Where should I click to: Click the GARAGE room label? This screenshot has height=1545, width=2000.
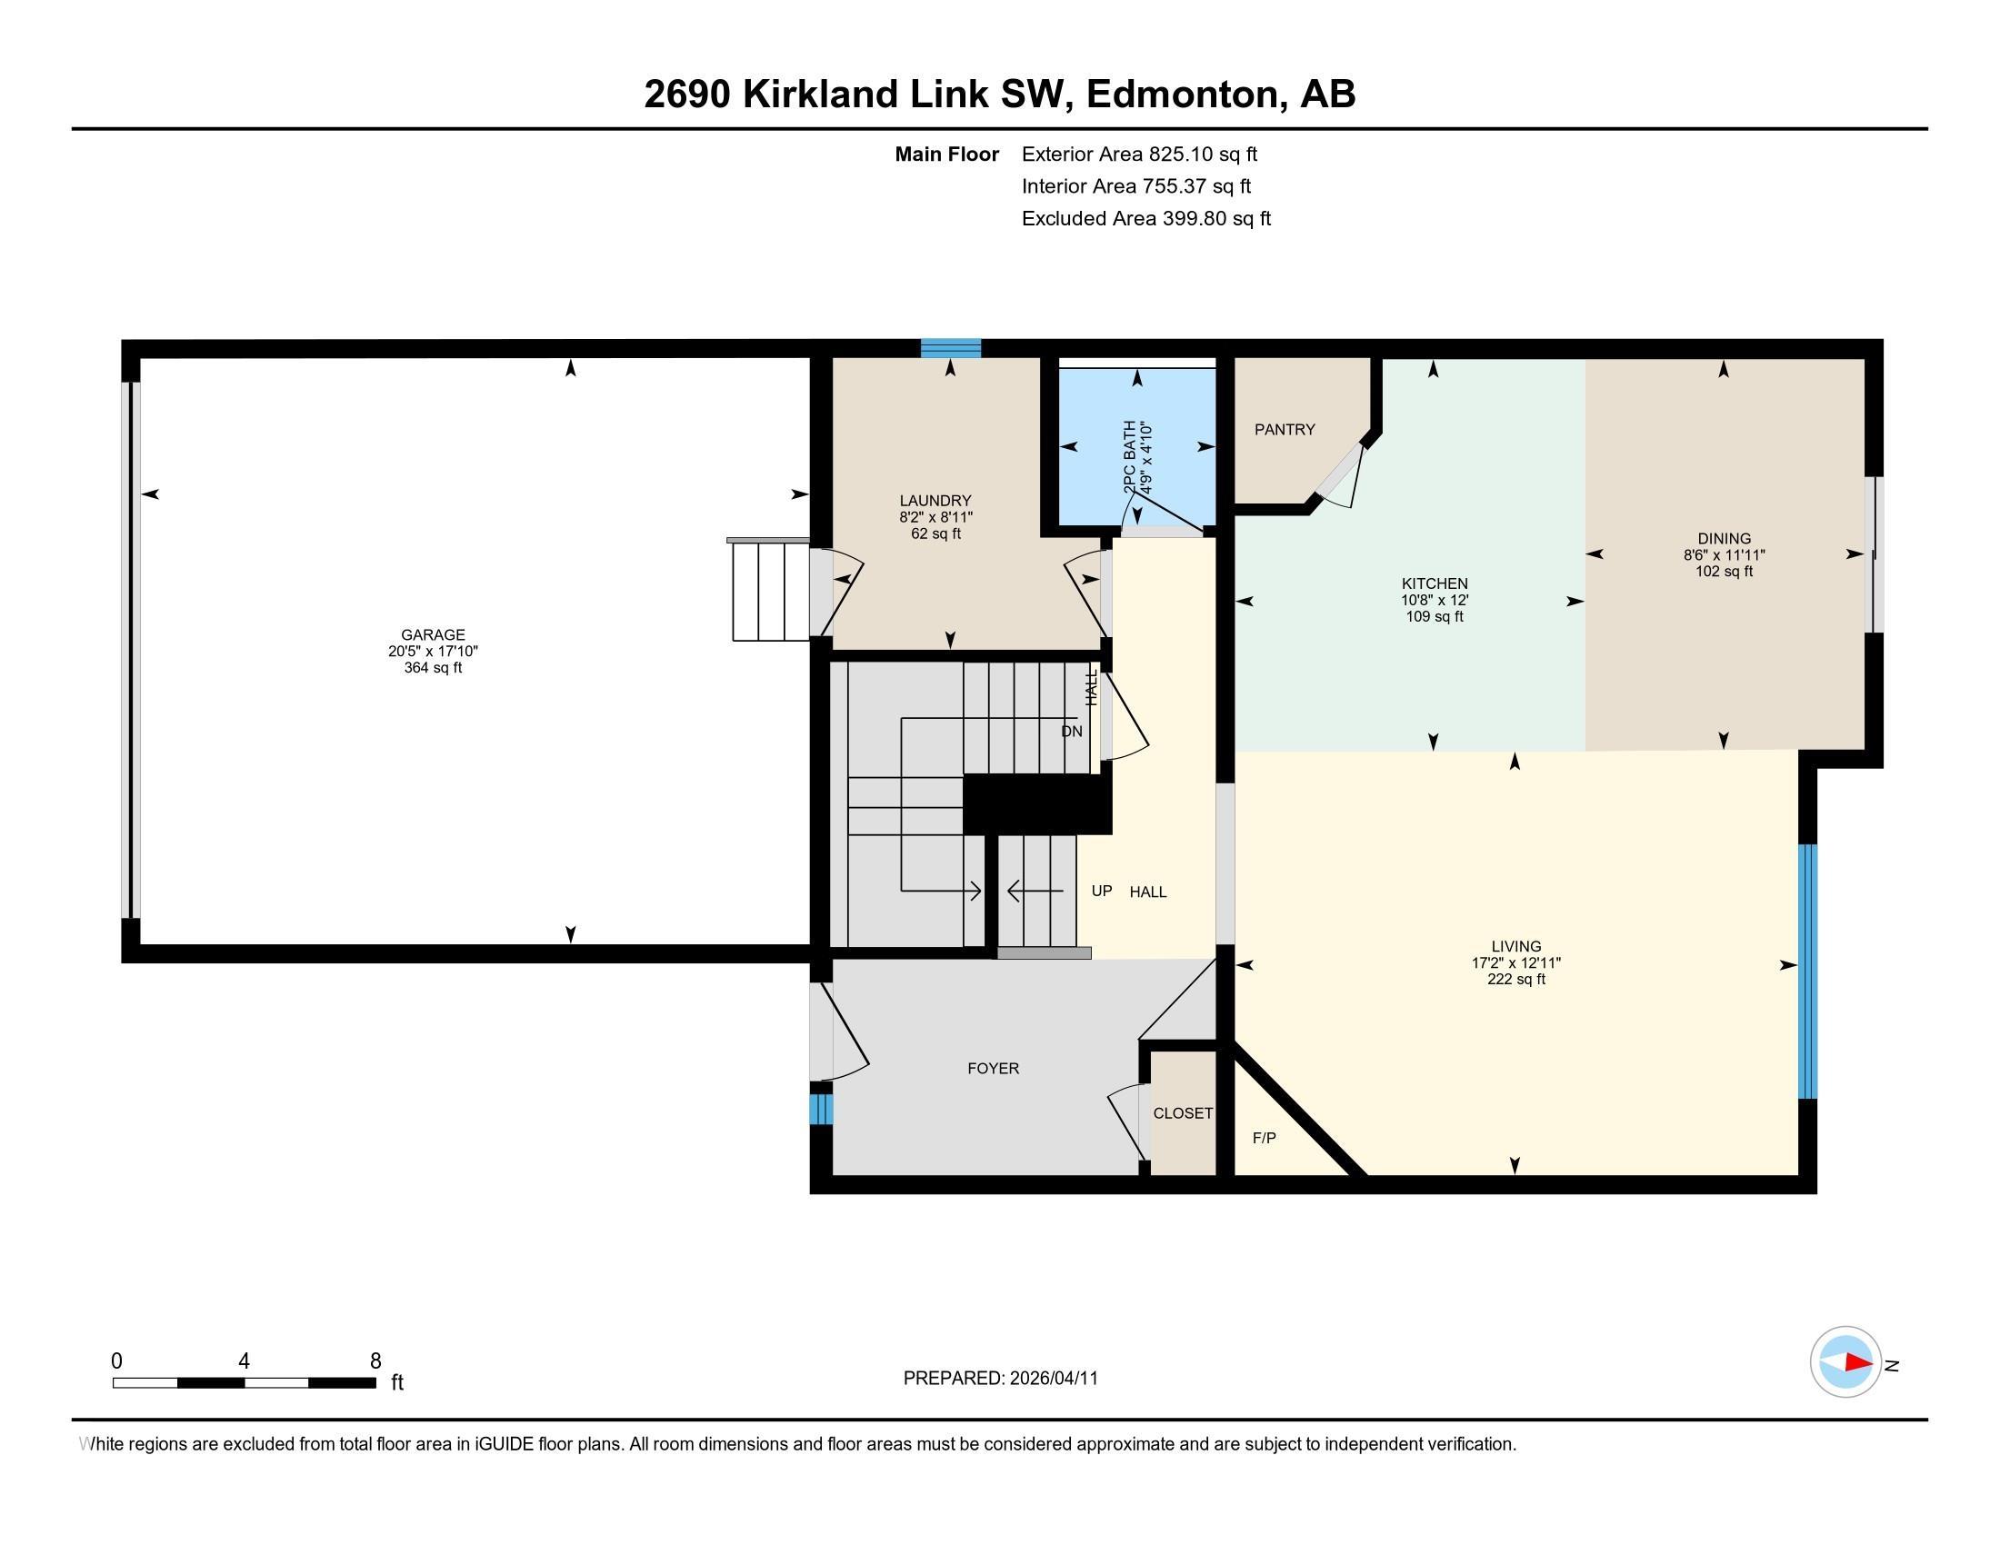(433, 634)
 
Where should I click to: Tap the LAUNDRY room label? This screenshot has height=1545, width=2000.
(935, 501)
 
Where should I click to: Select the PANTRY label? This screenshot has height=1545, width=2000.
(1285, 429)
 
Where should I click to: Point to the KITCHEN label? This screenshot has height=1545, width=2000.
(1435, 584)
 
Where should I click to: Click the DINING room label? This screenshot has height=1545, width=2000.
(1725, 539)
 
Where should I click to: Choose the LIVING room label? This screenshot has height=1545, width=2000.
(1516, 946)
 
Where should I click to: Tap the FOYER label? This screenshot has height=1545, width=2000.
(994, 1068)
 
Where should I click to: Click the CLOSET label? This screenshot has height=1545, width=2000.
(1183, 1113)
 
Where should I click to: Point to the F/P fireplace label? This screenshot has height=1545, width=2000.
(1265, 1138)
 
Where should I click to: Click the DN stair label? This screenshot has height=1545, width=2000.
(1072, 732)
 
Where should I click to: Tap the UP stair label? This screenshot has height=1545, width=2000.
(1102, 891)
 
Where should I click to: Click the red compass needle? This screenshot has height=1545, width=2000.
(1858, 1362)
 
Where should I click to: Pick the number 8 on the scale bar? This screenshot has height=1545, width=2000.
(375, 1361)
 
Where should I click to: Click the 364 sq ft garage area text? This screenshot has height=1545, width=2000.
(433, 668)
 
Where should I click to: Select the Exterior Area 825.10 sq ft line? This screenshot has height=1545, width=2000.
(1140, 154)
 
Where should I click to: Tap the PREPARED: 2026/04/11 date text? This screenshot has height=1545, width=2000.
(1001, 1379)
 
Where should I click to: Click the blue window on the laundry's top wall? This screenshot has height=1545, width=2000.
(951, 348)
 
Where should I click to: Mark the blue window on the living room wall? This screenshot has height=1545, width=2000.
(1807, 972)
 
